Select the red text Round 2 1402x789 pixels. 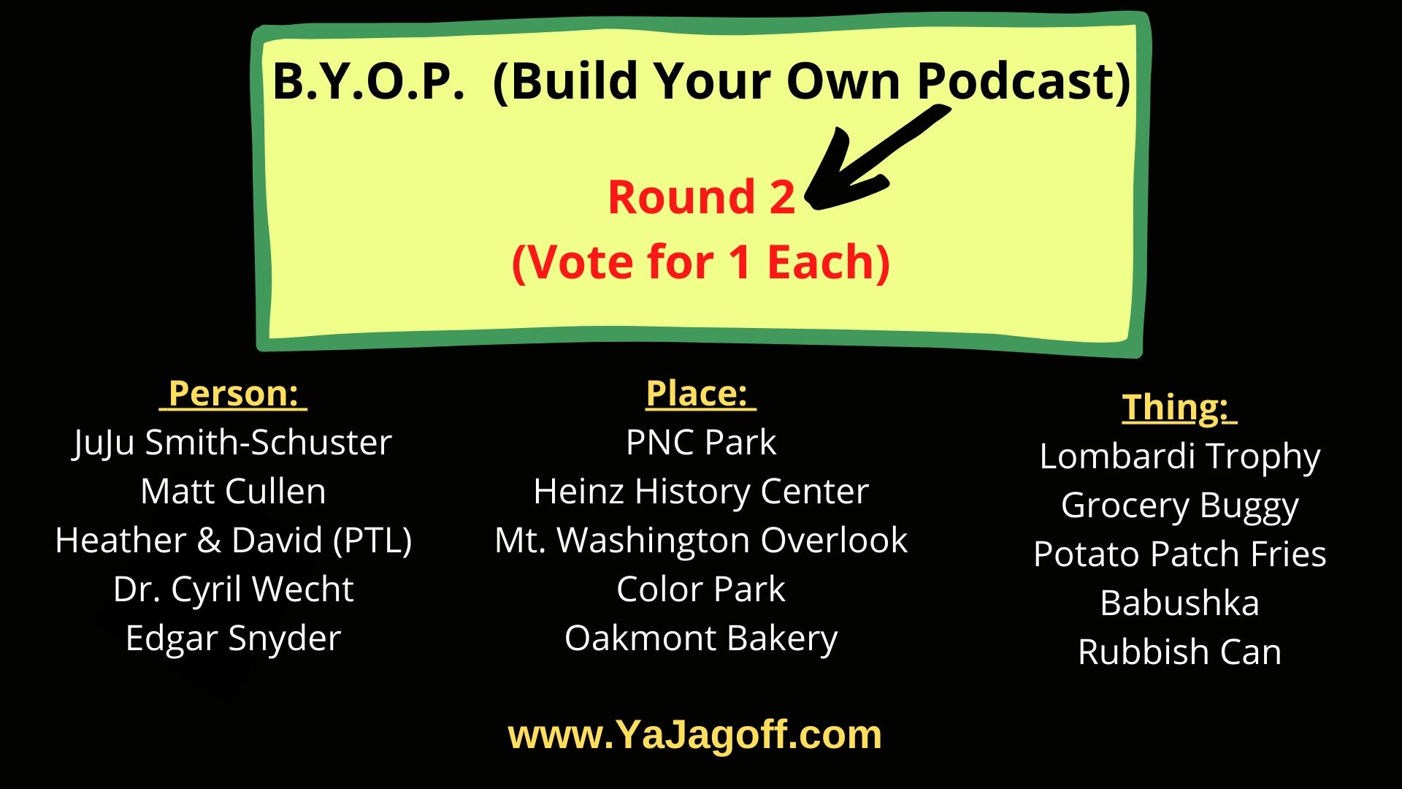click(701, 197)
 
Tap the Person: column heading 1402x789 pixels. click(234, 394)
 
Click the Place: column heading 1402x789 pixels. click(700, 394)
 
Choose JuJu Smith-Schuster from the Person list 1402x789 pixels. click(233, 443)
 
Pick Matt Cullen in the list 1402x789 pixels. click(233, 492)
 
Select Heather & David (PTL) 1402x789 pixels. click(233, 541)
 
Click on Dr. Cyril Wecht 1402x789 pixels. click(233, 590)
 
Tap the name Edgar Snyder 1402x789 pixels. click(233, 639)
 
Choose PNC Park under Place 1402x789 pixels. click(701, 443)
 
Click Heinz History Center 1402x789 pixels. click(701, 492)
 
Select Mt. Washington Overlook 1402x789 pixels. click(701, 541)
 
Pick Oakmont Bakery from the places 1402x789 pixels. click(701, 639)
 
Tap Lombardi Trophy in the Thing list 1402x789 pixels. click(1179, 457)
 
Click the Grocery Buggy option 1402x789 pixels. click(1179, 506)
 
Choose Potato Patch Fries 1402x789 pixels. click(1179, 554)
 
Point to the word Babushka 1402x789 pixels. click(1179, 603)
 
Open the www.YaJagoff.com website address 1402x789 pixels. click(694, 735)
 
